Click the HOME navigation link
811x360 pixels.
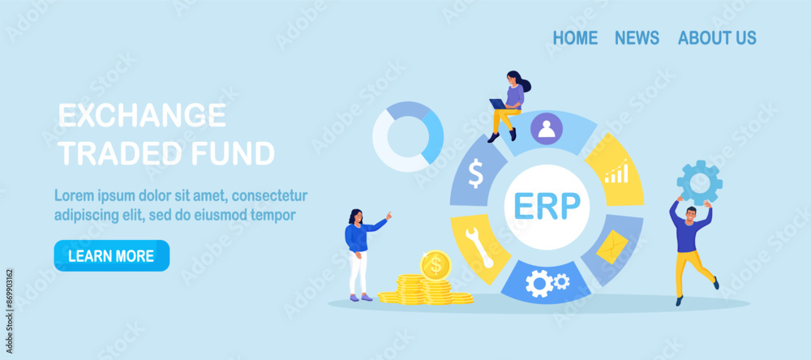pyautogui.click(x=575, y=38)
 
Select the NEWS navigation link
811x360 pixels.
pyautogui.click(x=637, y=38)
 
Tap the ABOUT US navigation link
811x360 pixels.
pyautogui.click(x=717, y=38)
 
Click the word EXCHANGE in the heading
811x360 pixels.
pyautogui.click(x=142, y=115)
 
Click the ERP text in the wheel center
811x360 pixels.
pyautogui.click(x=547, y=207)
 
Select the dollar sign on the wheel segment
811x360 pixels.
pyautogui.click(x=475, y=174)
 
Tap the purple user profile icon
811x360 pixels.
pyautogui.click(x=547, y=128)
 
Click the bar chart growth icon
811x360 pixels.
pyautogui.click(x=617, y=171)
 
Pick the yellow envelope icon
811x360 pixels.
pyautogui.click(x=612, y=246)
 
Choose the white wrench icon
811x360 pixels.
pyautogui.click(x=479, y=247)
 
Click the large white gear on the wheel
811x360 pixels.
pyautogui.click(x=539, y=283)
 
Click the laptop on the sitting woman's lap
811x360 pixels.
pyautogui.click(x=498, y=104)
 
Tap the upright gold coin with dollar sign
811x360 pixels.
pyautogui.click(x=436, y=265)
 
